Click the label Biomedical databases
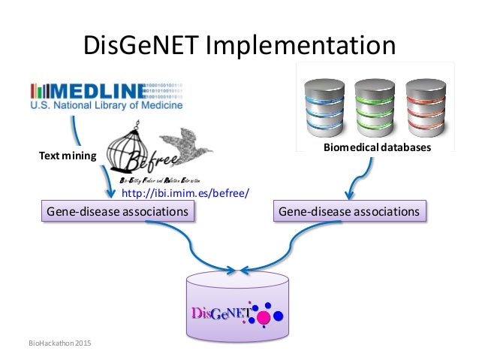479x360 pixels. (x=377, y=149)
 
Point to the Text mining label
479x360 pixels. (x=68, y=156)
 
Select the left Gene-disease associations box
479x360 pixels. (x=117, y=212)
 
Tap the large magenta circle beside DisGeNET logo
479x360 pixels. (x=264, y=318)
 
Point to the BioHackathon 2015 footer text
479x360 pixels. (x=56, y=343)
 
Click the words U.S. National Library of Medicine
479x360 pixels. (x=106, y=107)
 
